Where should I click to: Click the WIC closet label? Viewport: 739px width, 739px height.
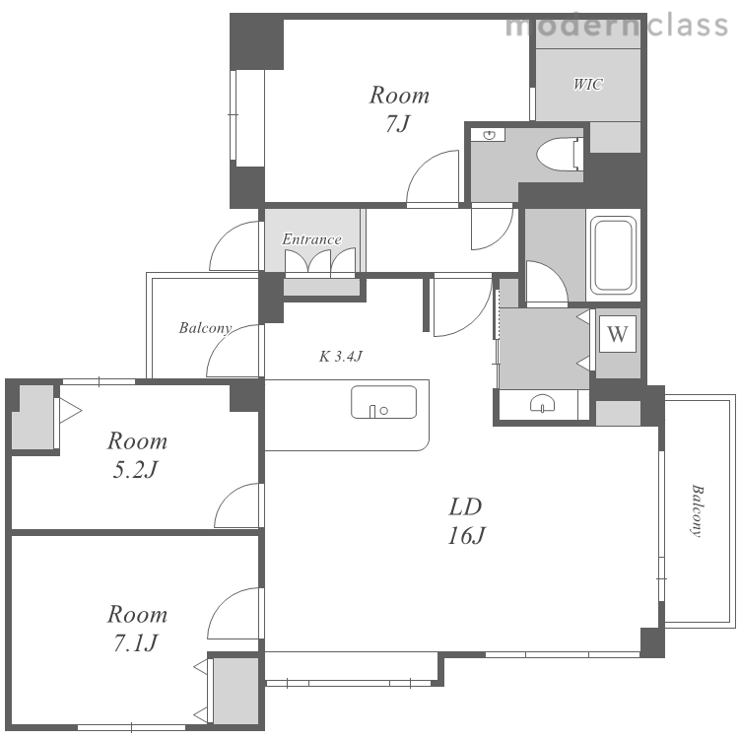click(587, 85)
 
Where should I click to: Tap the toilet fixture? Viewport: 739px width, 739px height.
click(561, 153)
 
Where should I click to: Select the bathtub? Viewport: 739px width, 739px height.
click(613, 255)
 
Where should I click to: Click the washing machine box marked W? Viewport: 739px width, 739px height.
click(618, 334)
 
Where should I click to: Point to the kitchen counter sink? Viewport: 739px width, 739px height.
click(383, 402)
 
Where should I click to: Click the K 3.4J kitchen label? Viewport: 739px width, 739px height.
click(341, 357)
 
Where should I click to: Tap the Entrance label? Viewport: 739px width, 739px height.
click(311, 239)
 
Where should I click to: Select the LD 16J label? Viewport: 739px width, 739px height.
click(466, 521)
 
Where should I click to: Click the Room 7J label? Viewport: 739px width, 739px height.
click(399, 109)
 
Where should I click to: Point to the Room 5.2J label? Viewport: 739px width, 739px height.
click(137, 455)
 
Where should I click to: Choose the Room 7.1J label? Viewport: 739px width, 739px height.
click(137, 629)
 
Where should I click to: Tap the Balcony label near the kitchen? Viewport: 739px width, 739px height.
click(205, 328)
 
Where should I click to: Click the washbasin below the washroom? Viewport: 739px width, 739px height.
click(543, 404)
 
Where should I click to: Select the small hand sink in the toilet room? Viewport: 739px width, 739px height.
click(490, 135)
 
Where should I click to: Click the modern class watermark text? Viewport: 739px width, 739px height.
click(617, 26)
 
